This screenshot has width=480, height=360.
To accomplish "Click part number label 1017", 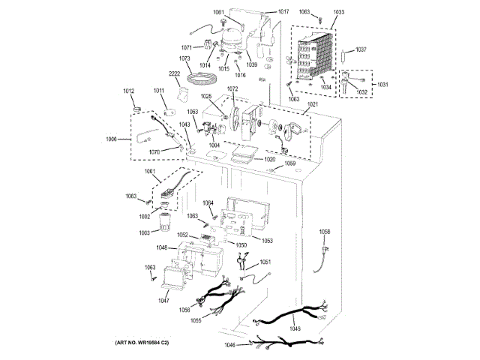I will coord(283,12).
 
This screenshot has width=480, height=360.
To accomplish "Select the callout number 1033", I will coord(339,12).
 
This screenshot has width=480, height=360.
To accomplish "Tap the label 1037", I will coord(361,50).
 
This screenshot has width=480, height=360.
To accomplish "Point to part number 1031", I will coord(383,84).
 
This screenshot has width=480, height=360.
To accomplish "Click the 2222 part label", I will coord(175,74).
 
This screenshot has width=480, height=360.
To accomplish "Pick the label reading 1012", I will coord(129,91).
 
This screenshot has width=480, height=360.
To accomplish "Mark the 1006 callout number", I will coord(112,139).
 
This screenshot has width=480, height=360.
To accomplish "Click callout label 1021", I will coord(312,104).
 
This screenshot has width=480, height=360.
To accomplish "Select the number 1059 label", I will coord(289,163).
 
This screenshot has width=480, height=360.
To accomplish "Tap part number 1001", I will coord(150,172).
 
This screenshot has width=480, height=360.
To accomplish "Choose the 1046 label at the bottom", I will coord(229,345).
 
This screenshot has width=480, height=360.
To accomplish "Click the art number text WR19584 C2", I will coord(142,343).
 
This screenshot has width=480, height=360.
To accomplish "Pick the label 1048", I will coord(162,247).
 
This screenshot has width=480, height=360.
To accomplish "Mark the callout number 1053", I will coord(267,240).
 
